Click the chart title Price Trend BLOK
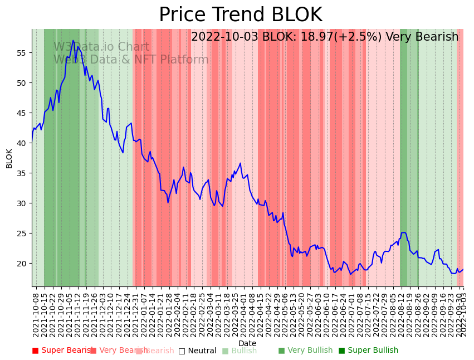tap(240, 15)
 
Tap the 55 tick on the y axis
tap(24, 53)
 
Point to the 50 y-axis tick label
tap(24, 83)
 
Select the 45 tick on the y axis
tap(24, 113)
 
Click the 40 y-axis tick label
tap(24, 143)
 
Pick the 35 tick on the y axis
tap(24, 173)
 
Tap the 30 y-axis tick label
tap(24, 203)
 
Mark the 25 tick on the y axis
tap(24, 233)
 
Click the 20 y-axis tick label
tap(24, 264)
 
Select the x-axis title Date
tap(247, 343)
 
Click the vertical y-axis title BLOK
tap(9, 158)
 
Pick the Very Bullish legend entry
tap(305, 351)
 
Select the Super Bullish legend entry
tap(368, 351)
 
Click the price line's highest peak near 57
tap(73, 41)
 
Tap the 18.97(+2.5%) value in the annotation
tap(340, 37)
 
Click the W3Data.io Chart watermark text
tap(101, 47)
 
